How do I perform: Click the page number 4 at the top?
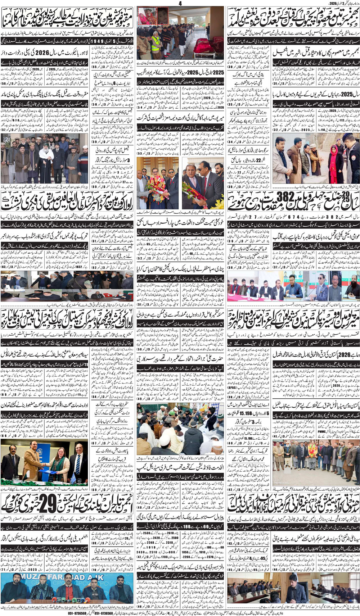tap(180, 3)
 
